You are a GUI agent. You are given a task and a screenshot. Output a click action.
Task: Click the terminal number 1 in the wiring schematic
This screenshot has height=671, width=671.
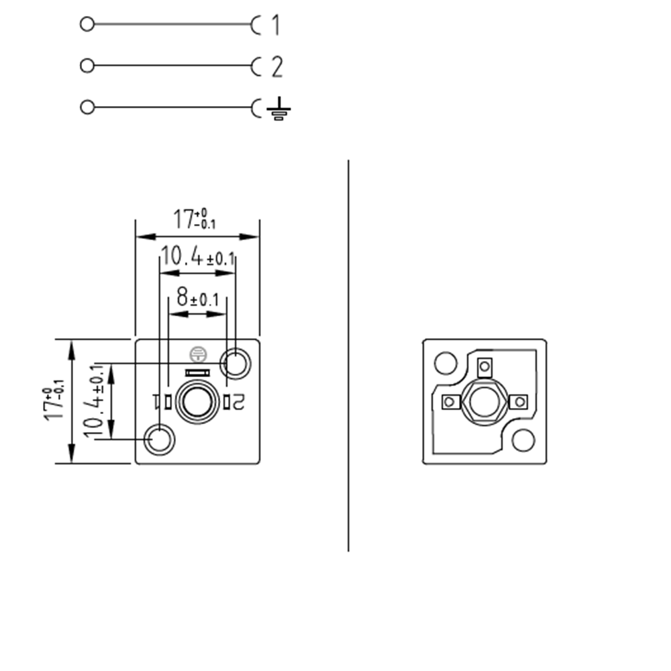pos(275,25)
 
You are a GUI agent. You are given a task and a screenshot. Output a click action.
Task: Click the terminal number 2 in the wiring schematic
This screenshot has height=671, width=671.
pos(276,67)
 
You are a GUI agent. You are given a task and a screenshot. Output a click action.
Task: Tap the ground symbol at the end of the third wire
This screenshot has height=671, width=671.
pos(278,109)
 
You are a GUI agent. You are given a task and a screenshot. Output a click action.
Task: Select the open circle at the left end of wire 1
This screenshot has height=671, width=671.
pos(87,25)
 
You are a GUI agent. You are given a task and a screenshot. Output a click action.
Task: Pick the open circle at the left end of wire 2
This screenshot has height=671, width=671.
pos(87,66)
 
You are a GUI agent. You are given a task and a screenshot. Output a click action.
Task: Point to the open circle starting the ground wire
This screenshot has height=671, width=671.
pos(87,107)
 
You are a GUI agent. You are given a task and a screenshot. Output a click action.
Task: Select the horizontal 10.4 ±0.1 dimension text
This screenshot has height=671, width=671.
pos(197,257)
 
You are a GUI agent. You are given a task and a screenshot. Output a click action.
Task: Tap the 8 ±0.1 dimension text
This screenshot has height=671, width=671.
pos(197,299)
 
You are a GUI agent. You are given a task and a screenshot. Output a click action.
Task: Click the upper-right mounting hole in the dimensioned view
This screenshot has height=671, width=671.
pos(236,364)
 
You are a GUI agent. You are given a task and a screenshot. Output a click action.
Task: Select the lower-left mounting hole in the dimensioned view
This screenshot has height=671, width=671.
pos(160,440)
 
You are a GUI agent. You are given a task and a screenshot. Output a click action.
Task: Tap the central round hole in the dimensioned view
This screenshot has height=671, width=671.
pos(197,401)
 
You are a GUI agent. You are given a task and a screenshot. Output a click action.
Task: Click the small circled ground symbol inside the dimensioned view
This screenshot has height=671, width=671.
pos(197,353)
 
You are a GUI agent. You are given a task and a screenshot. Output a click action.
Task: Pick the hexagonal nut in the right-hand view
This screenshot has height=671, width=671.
pos(483,401)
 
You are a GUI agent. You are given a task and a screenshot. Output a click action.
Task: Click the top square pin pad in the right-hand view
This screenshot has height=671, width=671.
pos(484,366)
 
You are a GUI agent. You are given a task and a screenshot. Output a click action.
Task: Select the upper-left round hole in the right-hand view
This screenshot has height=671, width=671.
pos(445,363)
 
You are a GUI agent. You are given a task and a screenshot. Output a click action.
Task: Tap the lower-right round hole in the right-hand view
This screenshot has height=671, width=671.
pos(523,440)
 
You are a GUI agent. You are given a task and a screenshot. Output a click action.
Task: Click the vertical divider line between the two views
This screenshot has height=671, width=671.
pos(348,356)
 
